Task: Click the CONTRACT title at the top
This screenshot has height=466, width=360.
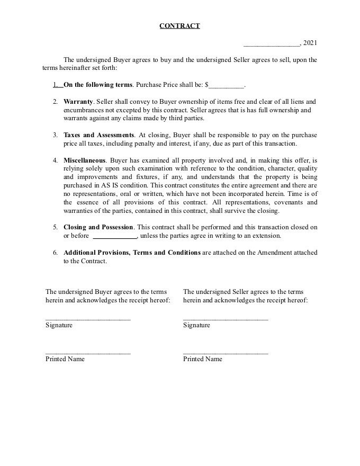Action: click(x=179, y=26)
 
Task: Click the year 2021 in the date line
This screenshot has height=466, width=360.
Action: click(x=310, y=43)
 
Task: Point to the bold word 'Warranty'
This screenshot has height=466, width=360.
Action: click(x=78, y=101)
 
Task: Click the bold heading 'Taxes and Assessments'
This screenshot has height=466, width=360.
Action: click(x=98, y=135)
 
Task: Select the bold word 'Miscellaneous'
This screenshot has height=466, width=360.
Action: click(x=85, y=160)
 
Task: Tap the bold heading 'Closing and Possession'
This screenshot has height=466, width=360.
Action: click(x=98, y=227)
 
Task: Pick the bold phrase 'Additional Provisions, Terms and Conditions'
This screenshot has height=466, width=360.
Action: click(x=132, y=253)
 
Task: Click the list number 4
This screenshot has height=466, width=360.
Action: click(x=55, y=160)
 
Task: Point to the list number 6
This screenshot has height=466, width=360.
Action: click(x=55, y=253)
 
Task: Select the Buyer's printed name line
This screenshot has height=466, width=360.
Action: click(x=88, y=353)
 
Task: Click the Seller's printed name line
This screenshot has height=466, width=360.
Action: click(x=226, y=353)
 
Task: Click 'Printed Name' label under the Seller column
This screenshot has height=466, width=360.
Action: click(x=203, y=359)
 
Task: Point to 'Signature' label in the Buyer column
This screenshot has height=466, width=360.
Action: click(x=59, y=325)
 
